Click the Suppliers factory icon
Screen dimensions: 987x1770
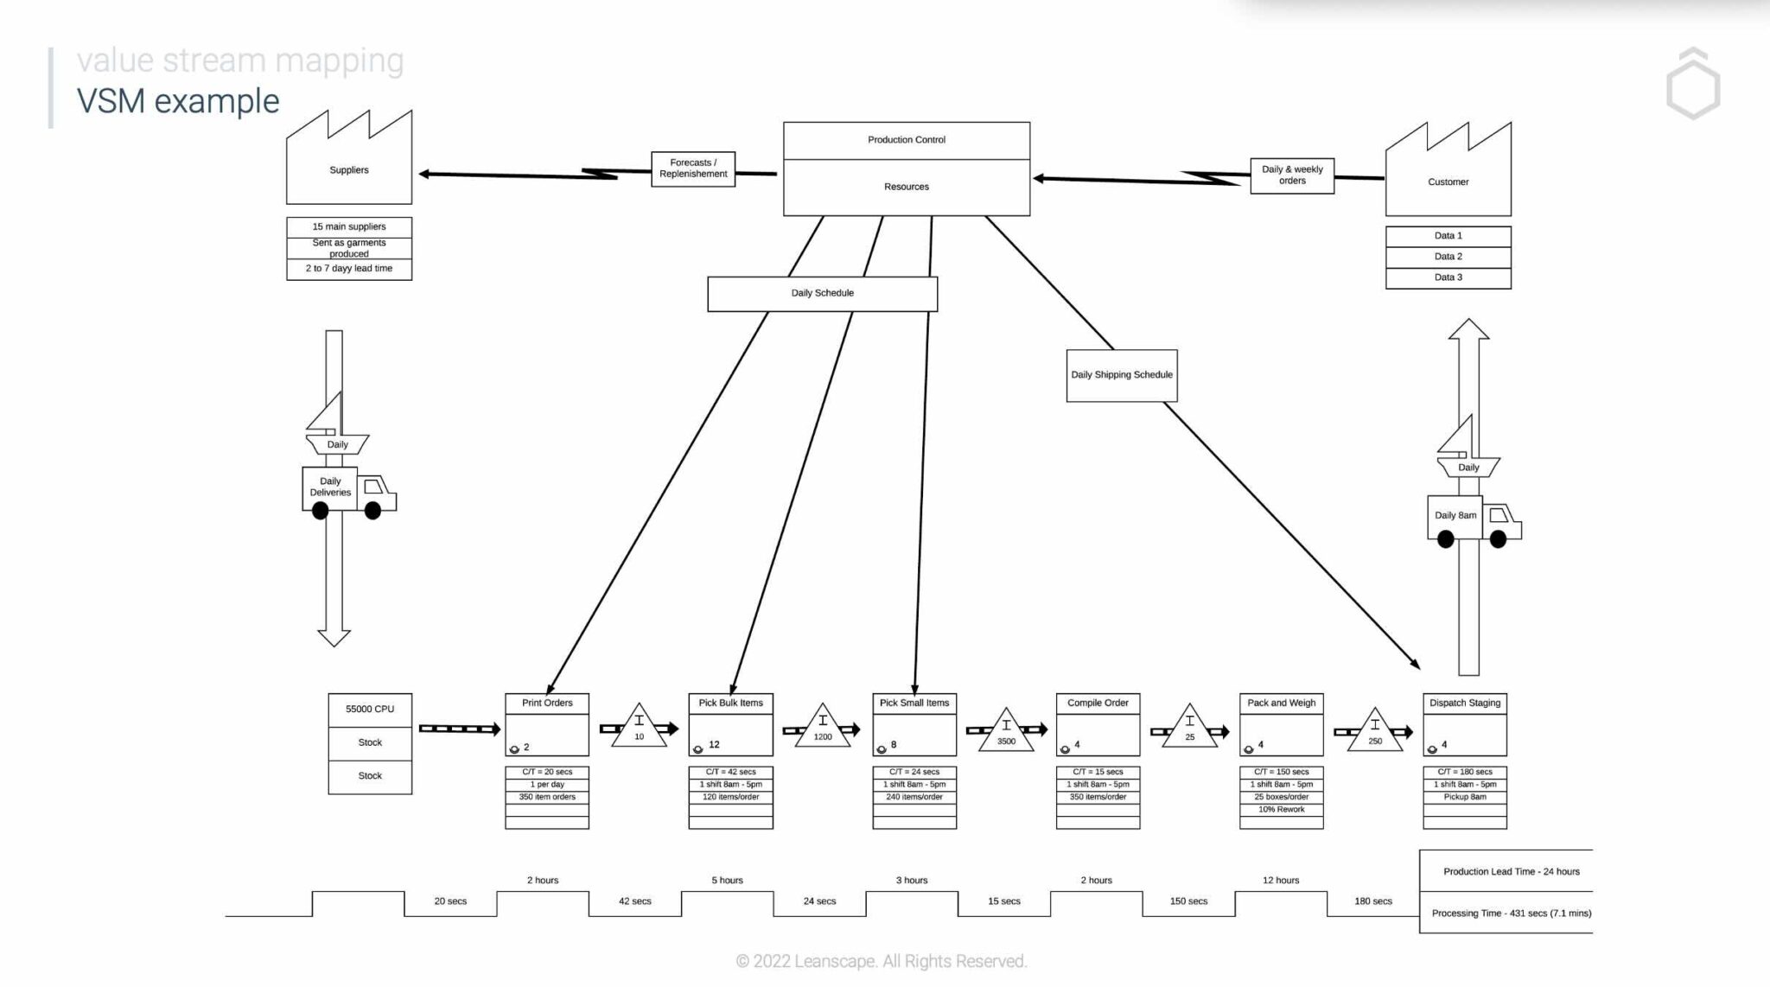tap(348, 164)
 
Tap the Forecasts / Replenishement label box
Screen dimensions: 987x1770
tap(692, 169)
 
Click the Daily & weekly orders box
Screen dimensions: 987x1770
tap(1291, 175)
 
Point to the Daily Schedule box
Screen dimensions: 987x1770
tap(822, 293)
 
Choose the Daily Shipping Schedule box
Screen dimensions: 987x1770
tap(1121, 375)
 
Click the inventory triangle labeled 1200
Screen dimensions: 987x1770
tap(822, 729)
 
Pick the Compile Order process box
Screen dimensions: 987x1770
tap(1098, 723)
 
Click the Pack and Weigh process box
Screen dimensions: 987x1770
tap(1281, 723)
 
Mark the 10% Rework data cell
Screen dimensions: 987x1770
tap(1281, 810)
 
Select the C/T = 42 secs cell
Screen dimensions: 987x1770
tap(730, 772)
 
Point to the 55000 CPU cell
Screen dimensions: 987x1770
tap(370, 710)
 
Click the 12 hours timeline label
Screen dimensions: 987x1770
tap(1280, 881)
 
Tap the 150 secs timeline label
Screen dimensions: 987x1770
tap(1188, 901)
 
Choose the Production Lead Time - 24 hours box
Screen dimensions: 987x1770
tap(1510, 871)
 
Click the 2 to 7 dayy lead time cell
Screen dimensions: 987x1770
tap(348, 269)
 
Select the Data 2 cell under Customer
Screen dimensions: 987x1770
tap(1448, 257)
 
